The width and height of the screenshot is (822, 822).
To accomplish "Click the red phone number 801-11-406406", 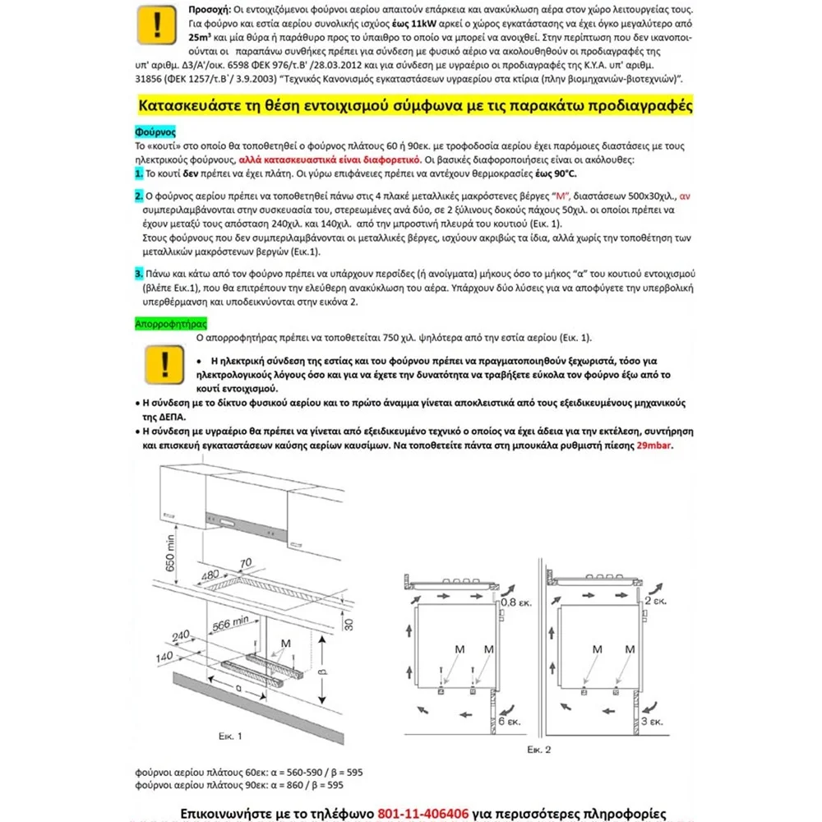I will [x=422, y=814].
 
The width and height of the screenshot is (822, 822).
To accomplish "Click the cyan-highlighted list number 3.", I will [x=139, y=273].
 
